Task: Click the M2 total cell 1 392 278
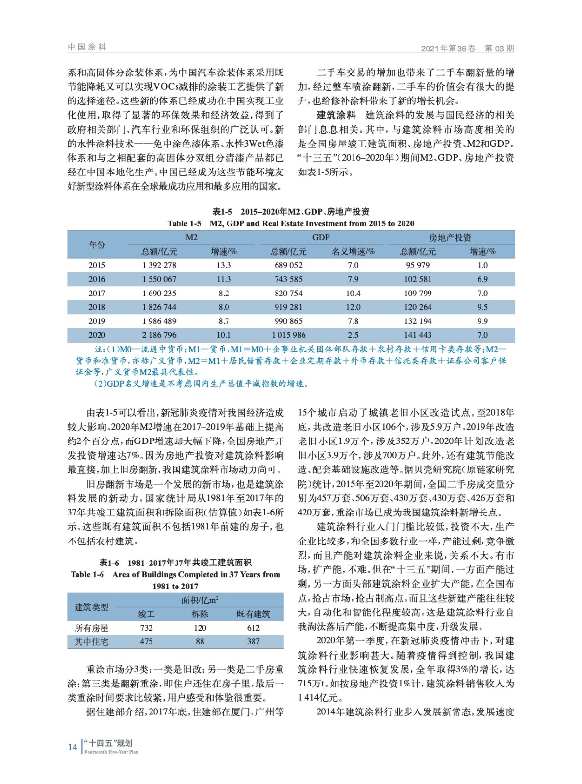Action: [159, 265]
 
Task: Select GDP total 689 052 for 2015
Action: [288, 265]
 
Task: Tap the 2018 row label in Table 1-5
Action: [97, 307]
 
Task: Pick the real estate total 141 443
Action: [418, 335]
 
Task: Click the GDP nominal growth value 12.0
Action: [353, 307]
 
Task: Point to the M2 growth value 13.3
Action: [224, 265]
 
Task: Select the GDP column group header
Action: [321, 237]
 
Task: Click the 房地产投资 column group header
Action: [450, 237]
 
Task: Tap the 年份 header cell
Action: [97, 245]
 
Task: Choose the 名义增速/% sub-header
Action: [353, 251]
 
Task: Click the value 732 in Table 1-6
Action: [146, 628]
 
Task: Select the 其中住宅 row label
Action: [92, 641]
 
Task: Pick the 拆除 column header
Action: [200, 614]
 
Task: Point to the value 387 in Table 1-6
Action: [253, 641]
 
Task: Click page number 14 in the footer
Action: [73, 747]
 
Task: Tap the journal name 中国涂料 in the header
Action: [87, 47]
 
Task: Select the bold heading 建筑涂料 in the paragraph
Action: [336, 115]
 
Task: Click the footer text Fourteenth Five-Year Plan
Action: [111, 752]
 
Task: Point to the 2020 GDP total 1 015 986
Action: [288, 335]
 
